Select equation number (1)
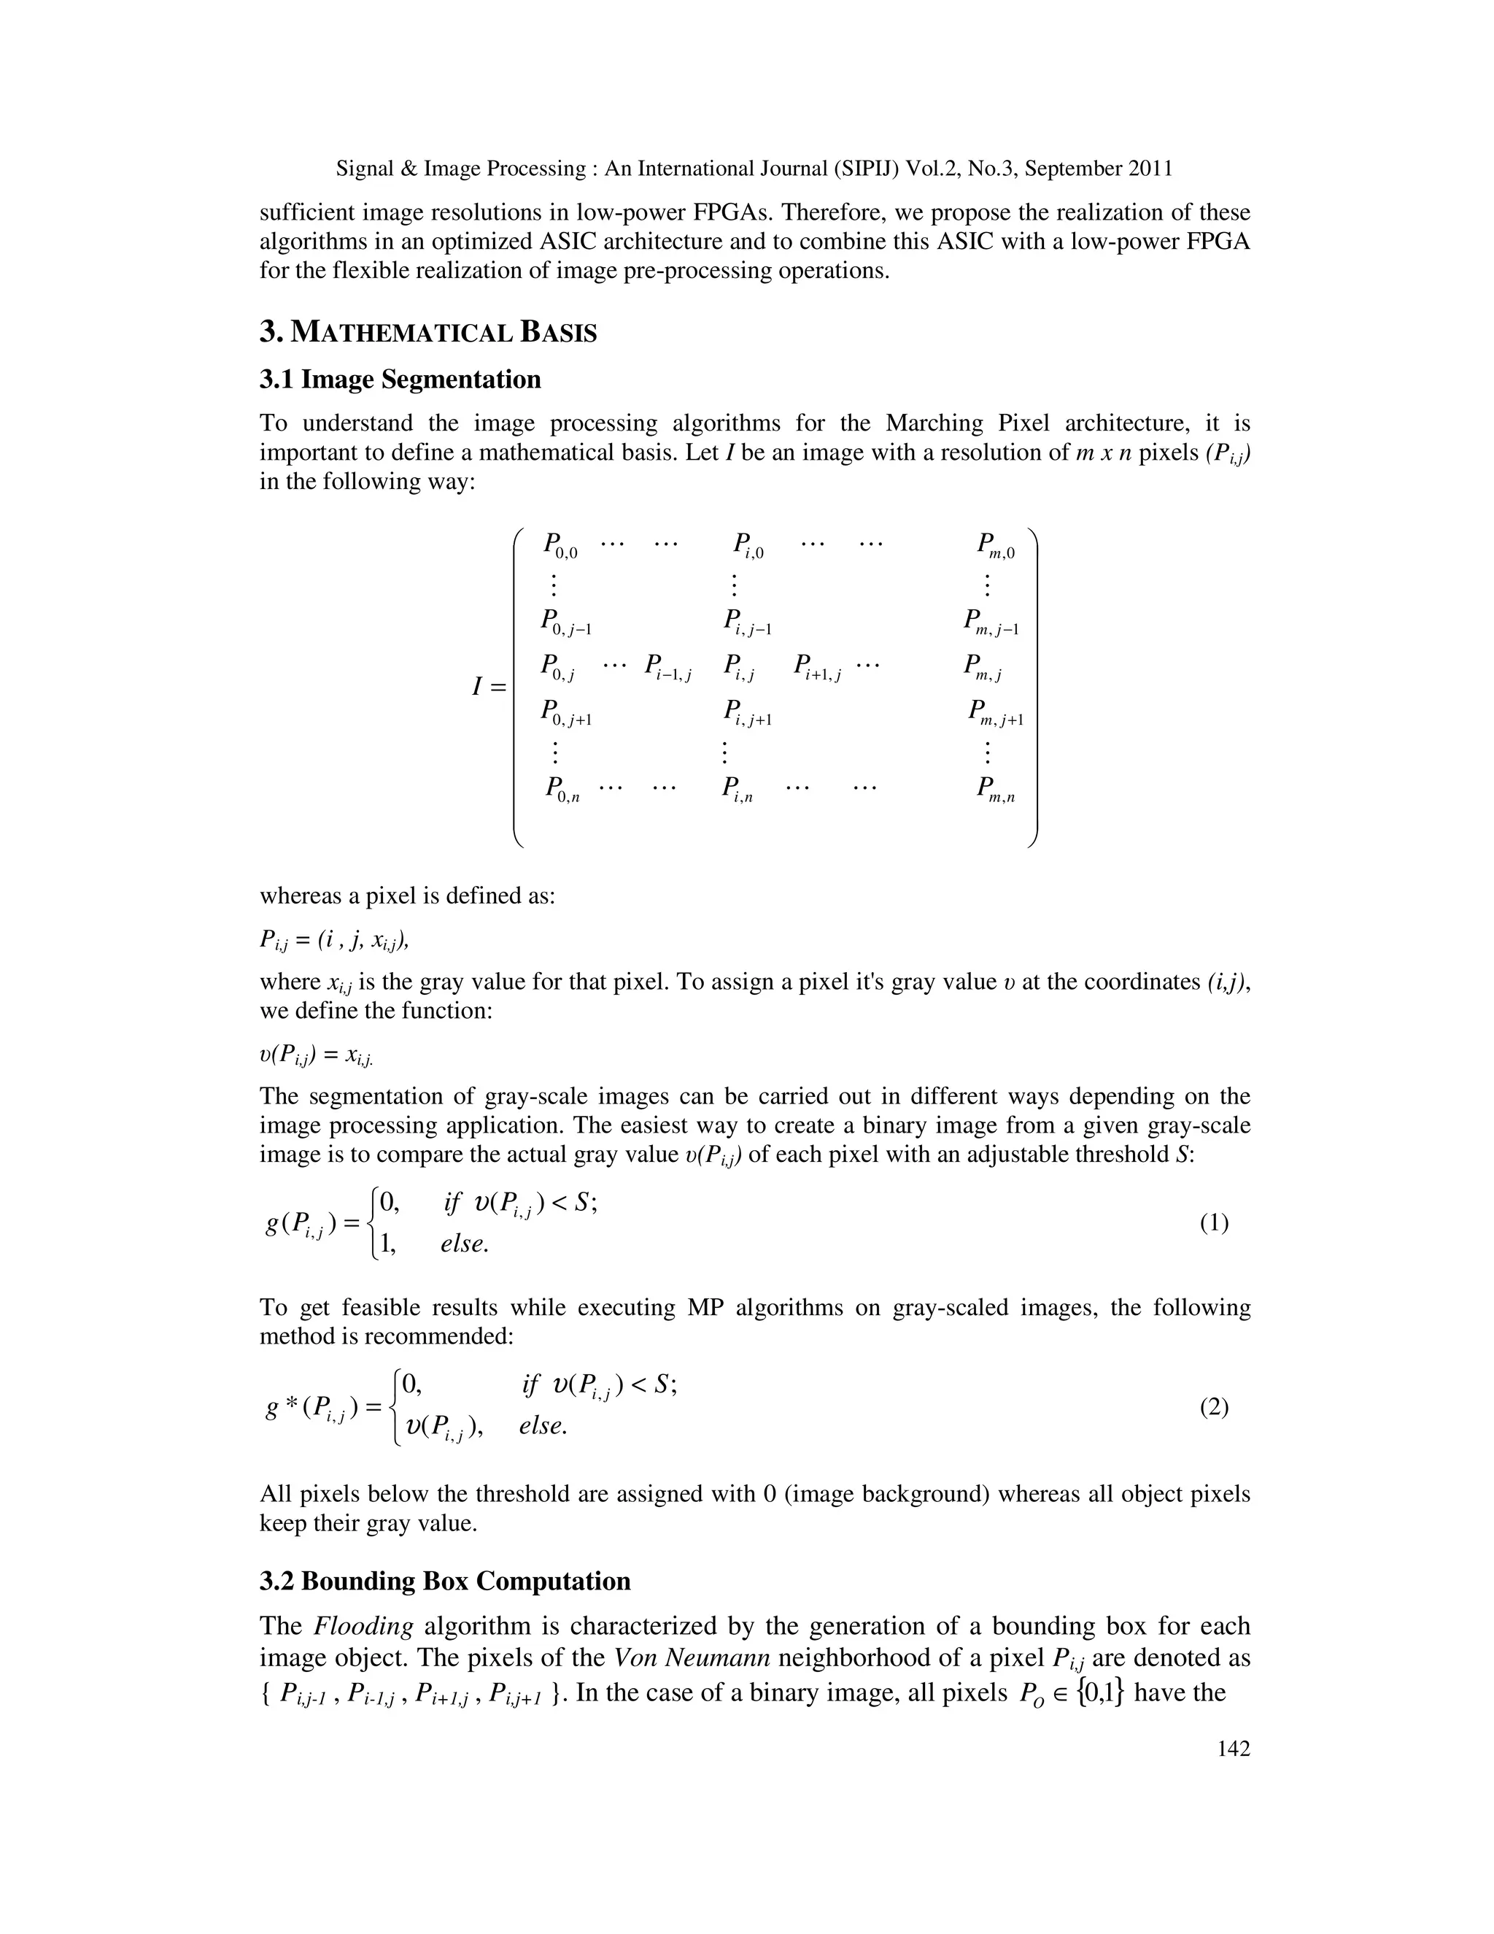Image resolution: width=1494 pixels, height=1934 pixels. [1213, 1223]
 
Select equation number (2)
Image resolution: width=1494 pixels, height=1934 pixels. [1213, 1407]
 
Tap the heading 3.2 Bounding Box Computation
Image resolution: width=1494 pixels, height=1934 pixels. [444, 1581]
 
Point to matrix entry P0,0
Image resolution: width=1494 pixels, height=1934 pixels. [560, 545]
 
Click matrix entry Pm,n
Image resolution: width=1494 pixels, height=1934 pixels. [996, 790]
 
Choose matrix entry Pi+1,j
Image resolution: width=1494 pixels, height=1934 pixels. [817, 668]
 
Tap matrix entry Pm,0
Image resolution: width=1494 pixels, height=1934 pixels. [996, 545]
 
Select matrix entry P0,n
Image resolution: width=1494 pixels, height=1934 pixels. [562, 790]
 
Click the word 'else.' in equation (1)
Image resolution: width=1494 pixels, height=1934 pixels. [465, 1244]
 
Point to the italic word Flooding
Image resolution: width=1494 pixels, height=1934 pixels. [364, 1627]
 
